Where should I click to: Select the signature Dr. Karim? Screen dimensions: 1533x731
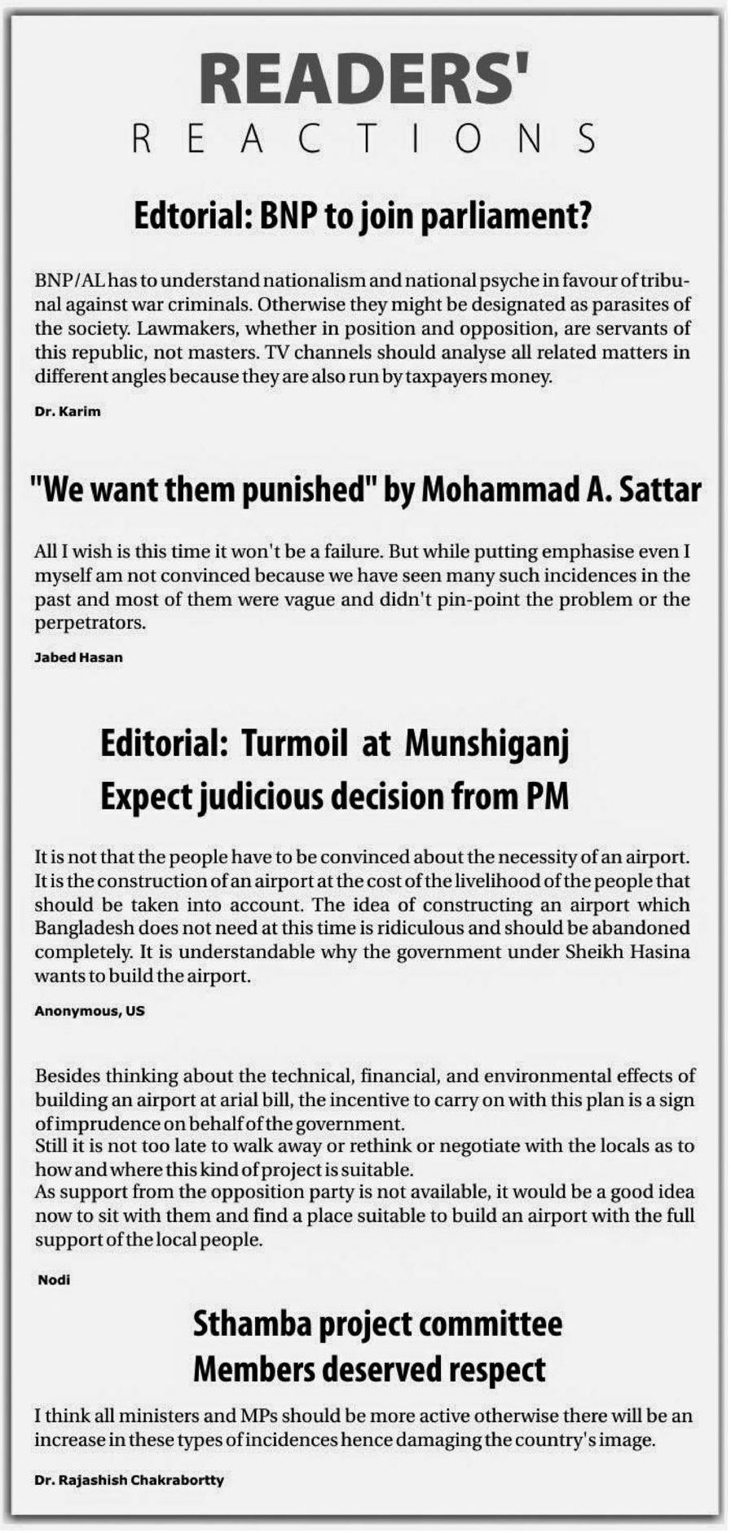click(x=68, y=411)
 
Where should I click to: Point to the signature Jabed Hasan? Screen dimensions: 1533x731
click(x=78, y=657)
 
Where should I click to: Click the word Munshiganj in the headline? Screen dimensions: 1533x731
click(x=487, y=745)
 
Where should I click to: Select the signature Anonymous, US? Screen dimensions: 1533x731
click(x=90, y=1011)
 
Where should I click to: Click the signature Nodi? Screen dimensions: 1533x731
click(x=54, y=1280)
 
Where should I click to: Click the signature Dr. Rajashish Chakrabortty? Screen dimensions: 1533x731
click(x=129, y=1480)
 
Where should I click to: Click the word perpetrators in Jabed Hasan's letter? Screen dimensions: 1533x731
click(x=90, y=624)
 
